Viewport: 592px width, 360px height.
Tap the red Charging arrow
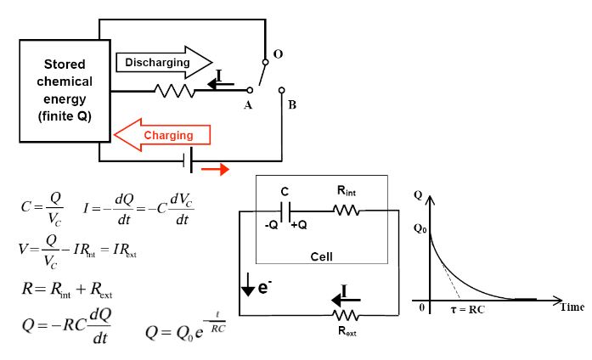pos(162,135)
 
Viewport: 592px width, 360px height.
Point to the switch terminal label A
pos(248,104)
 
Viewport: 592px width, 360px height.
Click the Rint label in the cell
pos(359,193)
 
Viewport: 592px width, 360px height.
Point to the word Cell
pos(321,256)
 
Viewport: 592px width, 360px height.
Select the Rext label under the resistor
pos(345,332)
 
